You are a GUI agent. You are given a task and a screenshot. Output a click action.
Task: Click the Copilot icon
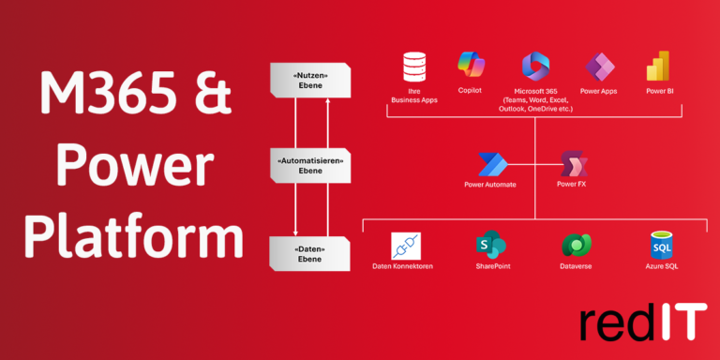[471, 65]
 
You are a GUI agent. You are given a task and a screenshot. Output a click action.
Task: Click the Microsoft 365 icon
[535, 67]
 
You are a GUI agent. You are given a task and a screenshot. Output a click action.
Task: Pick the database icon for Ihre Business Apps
[413, 67]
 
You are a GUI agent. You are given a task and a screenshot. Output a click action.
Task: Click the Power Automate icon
[492, 165]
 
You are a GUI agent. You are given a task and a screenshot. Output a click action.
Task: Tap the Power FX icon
[572, 165]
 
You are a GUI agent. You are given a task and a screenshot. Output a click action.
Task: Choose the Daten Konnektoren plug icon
[405, 246]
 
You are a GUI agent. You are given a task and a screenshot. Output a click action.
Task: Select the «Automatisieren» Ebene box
[310, 167]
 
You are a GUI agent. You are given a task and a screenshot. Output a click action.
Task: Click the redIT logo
[642, 322]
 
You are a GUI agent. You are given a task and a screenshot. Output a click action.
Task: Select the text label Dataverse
[576, 267]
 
